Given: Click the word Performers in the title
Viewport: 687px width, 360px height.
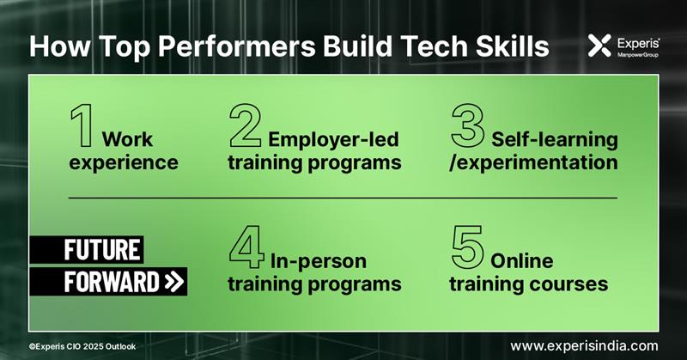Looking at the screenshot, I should pos(215,46).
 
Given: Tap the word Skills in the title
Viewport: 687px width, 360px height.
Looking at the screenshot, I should pos(512,46).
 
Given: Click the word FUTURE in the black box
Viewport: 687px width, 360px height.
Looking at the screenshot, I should pos(102,251).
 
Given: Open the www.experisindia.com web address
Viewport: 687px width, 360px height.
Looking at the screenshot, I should pos(589,345).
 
